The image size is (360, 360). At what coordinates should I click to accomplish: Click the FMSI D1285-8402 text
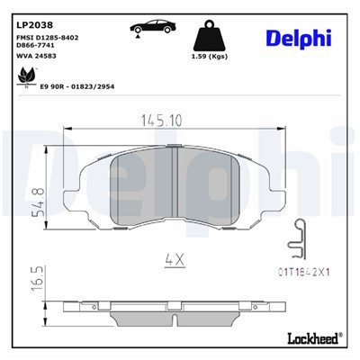[47, 36]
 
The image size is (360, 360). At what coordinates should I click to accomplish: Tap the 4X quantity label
[174, 259]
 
